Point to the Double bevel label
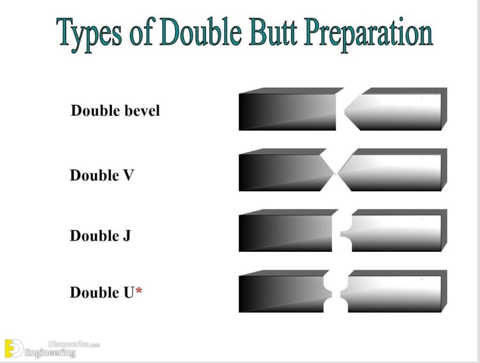tap(115, 111)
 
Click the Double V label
tap(102, 175)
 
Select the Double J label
tap(100, 235)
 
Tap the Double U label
tap(102, 293)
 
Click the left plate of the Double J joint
tap(286, 233)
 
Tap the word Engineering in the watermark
tap(50, 353)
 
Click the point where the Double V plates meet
tap(336, 174)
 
